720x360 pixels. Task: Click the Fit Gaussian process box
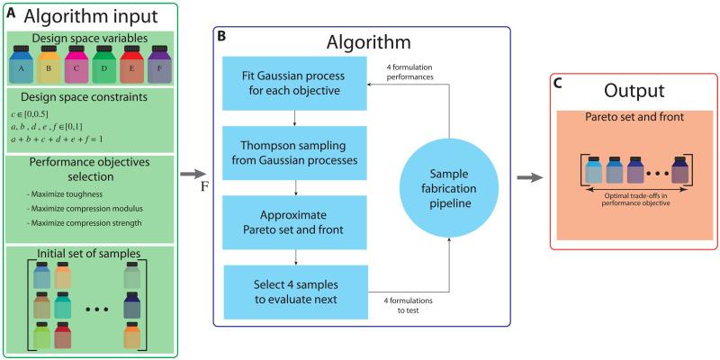295,83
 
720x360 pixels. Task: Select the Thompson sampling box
295,153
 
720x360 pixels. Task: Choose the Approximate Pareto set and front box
295,222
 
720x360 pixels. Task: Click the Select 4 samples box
296,292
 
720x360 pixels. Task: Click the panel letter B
221,36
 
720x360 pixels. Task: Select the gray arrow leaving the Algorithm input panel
193,174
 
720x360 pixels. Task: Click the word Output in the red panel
634,91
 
